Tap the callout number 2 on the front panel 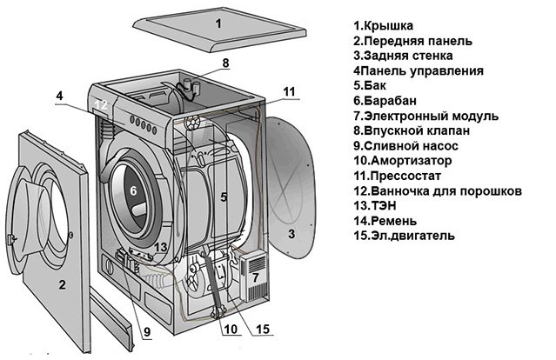(62, 284)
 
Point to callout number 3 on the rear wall (292, 234)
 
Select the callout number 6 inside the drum (133, 191)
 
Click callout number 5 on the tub (224, 197)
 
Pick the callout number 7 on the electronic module (255, 278)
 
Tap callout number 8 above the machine (225, 63)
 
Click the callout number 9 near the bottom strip (146, 330)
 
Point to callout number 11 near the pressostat (289, 90)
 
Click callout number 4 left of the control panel (59, 96)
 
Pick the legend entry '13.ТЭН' (376, 205)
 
